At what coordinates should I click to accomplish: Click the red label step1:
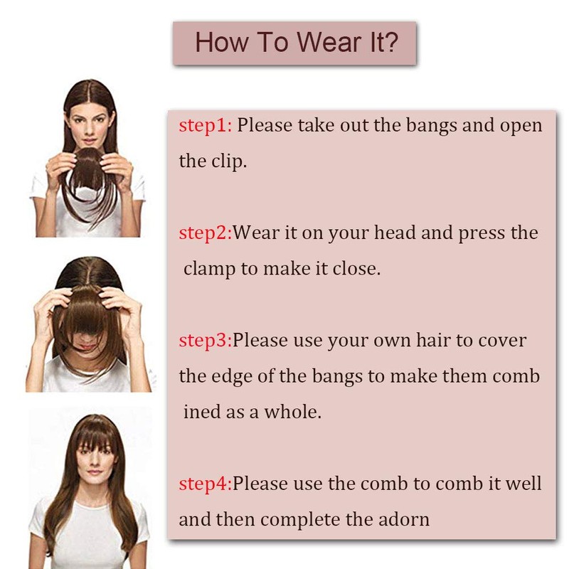(206, 126)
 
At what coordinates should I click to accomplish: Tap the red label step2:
(206, 233)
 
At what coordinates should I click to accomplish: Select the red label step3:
(206, 341)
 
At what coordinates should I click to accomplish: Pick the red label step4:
(206, 484)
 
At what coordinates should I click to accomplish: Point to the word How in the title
(222, 43)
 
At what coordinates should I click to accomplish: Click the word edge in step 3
(232, 377)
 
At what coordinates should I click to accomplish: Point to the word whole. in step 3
(292, 412)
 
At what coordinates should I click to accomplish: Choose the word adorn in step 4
(404, 519)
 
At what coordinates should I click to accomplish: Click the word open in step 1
(521, 127)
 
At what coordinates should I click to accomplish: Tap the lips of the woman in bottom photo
(95, 472)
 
